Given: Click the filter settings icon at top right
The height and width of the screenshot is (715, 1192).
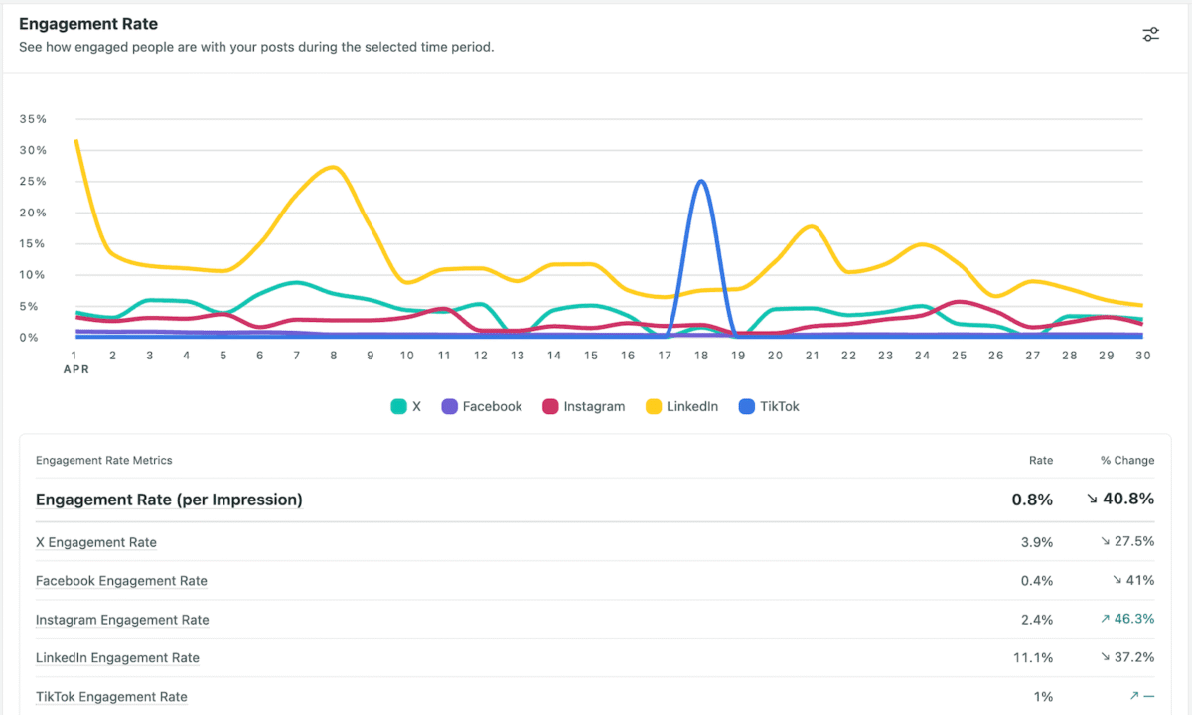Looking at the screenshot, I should point(1150,35).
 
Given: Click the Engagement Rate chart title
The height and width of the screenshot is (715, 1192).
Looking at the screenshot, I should point(88,24).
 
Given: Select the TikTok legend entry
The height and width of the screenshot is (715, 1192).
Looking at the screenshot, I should point(770,406).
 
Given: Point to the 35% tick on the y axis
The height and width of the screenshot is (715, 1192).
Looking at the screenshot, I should point(33,119).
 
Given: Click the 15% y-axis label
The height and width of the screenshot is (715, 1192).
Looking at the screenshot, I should point(33,244).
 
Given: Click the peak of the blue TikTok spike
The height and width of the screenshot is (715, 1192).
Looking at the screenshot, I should point(702,181).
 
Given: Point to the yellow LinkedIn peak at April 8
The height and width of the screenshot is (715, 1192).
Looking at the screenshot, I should point(333,167).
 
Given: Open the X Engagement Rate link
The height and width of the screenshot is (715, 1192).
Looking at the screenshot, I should point(96,542).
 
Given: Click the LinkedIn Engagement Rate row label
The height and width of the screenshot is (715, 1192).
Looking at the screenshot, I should point(117,658).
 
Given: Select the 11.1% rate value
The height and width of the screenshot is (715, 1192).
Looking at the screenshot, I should point(1033,658).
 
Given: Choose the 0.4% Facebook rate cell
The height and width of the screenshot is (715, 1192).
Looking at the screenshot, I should point(1036,581).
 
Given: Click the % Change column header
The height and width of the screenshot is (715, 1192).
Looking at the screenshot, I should point(1126,461).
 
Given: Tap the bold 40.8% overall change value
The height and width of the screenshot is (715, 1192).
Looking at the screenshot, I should point(1120,500).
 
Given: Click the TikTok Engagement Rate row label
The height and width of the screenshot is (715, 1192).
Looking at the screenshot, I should point(111,697).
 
